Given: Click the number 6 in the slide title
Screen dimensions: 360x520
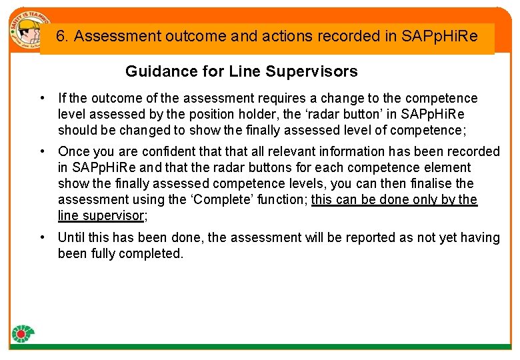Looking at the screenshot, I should tap(61, 36).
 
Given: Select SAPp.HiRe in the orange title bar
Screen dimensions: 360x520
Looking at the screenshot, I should tap(440, 36).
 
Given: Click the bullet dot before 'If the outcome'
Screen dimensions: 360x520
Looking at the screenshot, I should tap(42, 98).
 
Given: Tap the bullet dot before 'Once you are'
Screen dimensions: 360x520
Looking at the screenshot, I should tap(42, 151).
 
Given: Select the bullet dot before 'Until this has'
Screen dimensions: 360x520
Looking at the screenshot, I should tap(42, 237).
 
